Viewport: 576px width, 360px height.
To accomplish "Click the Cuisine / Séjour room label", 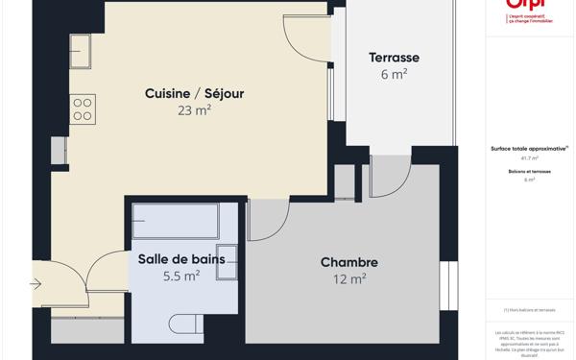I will [194, 93].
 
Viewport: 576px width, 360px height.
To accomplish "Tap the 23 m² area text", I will [194, 110].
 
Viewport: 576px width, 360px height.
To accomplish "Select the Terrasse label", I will [394, 58].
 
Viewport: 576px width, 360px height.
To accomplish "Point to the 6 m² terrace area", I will [394, 75].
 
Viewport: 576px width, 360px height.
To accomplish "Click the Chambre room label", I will [348, 262].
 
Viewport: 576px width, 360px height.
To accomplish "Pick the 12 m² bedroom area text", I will [348, 279].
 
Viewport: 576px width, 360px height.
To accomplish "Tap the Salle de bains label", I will [181, 259].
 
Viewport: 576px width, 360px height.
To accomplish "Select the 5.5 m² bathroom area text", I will [181, 276].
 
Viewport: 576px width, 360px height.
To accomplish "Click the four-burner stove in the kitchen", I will [83, 108].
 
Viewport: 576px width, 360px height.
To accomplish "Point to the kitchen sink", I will [80, 51].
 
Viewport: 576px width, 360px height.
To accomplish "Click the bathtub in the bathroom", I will [176, 222].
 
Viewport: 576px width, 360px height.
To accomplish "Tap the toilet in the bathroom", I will [185, 324].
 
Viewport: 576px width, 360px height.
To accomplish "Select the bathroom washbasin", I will [227, 262].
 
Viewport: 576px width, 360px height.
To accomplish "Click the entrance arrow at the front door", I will [36, 284].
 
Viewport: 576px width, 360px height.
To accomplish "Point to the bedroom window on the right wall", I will [448, 285].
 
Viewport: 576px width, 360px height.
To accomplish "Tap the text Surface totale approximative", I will [529, 149].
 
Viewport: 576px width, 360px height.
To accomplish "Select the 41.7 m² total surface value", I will [529, 158].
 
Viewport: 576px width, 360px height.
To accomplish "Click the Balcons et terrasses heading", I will [529, 171].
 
